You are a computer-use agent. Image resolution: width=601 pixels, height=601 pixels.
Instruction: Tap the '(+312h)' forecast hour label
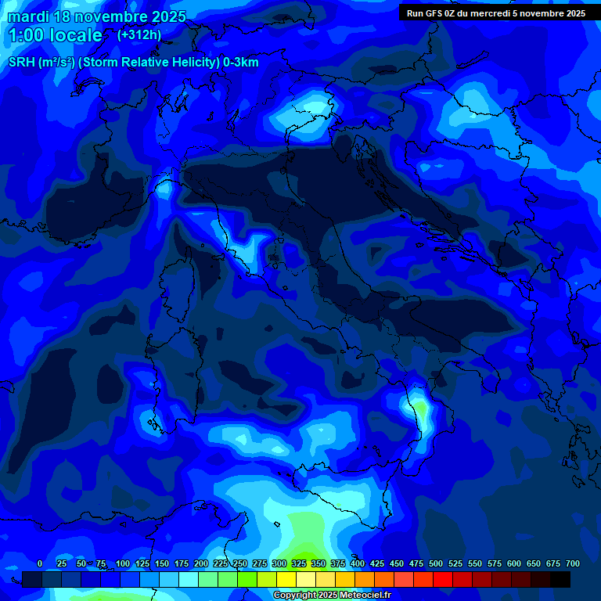[x=139, y=34]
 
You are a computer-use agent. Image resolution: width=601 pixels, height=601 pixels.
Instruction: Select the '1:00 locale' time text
[x=55, y=35]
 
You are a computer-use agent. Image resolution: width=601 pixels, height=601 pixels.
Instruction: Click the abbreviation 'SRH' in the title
[x=21, y=63]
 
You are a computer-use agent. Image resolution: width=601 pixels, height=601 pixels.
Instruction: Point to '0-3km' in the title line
[x=241, y=63]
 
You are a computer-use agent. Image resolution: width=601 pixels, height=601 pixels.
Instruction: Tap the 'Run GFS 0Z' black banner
[x=495, y=13]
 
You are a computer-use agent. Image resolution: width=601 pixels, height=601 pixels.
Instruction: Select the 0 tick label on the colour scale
[x=40, y=563]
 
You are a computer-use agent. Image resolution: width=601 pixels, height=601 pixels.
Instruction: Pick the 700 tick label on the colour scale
[x=572, y=563]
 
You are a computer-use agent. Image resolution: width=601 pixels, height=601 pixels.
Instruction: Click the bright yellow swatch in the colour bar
[x=286, y=579]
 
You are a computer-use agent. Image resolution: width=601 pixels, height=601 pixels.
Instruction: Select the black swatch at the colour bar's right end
[x=560, y=579]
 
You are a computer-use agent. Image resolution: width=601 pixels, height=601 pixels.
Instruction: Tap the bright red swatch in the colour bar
[x=443, y=579]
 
